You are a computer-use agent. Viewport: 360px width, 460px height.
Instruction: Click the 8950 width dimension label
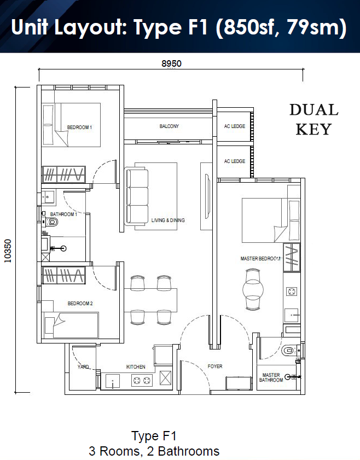tap(171, 63)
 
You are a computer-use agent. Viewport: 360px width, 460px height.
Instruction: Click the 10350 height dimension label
tap(8, 251)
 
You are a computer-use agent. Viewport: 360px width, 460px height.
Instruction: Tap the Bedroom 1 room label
tap(79, 127)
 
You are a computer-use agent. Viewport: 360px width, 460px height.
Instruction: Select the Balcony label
tap(169, 126)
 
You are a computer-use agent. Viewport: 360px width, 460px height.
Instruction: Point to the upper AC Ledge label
tap(235, 126)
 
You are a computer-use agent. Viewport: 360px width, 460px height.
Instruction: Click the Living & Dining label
tap(168, 220)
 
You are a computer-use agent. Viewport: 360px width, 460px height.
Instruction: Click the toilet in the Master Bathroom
tap(289, 350)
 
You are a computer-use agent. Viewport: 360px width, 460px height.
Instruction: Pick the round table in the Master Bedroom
tap(253, 289)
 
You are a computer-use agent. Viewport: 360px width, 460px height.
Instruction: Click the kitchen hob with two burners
tap(142, 381)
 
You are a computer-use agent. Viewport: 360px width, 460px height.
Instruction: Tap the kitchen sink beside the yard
tap(113, 381)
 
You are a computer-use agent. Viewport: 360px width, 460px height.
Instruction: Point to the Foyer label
tap(215, 366)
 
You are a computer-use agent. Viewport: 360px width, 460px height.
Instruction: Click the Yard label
tap(83, 366)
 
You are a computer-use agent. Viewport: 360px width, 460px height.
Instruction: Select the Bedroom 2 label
tap(80, 304)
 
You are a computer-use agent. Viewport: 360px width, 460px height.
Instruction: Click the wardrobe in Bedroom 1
tap(64, 174)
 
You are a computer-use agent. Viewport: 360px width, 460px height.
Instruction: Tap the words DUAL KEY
tap(314, 119)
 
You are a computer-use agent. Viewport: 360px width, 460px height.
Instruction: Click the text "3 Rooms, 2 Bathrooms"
tap(154, 451)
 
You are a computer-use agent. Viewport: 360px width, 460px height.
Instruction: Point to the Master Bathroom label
tap(271, 377)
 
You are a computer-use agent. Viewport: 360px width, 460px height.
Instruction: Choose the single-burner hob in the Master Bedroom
tap(292, 292)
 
